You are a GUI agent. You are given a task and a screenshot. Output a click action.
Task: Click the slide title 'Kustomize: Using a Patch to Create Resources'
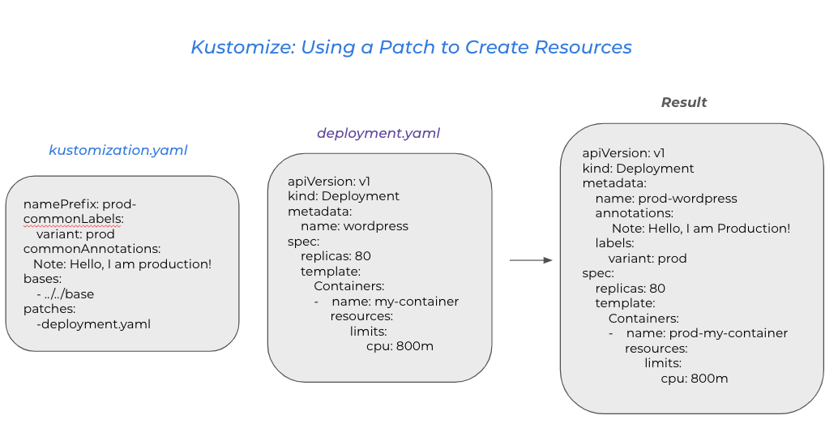tap(412, 47)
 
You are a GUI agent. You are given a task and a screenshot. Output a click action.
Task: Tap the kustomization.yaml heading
tap(118, 150)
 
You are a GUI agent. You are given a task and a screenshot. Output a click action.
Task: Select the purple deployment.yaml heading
tap(378, 133)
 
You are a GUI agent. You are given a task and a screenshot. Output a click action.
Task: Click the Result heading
tap(684, 102)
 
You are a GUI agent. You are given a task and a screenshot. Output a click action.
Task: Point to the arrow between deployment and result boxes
tap(531, 260)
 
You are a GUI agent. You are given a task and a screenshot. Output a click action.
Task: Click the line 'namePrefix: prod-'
tap(79, 204)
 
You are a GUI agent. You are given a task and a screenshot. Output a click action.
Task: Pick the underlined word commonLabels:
tap(74, 219)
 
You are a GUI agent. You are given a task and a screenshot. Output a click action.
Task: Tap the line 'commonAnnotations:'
tap(92, 249)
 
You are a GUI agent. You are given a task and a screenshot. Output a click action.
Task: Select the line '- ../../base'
tap(66, 294)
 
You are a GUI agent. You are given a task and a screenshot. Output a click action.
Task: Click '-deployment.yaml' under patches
tap(93, 324)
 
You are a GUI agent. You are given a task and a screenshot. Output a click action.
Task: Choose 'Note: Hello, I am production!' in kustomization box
tap(122, 264)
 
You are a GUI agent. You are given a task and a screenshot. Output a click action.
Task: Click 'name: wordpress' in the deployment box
tap(354, 226)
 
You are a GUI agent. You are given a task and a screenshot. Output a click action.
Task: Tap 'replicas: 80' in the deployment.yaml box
tap(336, 256)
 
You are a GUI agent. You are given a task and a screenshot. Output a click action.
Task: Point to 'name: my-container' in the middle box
tap(395, 302)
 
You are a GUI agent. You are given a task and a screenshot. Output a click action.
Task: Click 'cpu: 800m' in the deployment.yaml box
tap(400, 346)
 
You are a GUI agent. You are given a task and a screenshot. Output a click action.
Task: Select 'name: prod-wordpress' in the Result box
tap(666, 199)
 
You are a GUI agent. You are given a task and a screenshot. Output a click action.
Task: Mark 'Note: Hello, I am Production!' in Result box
tap(701, 229)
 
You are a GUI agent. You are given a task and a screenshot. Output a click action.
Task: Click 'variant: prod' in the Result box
tap(648, 259)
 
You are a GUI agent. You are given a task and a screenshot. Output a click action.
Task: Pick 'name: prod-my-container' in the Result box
tap(707, 333)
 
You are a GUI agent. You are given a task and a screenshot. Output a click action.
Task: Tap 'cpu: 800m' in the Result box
tap(695, 379)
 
